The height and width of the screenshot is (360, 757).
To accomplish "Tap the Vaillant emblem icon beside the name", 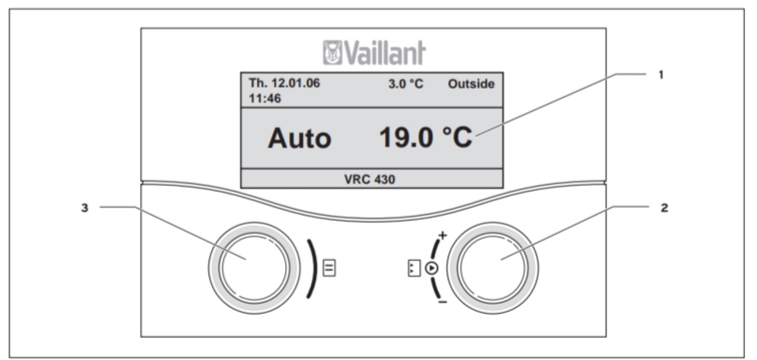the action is (332, 53).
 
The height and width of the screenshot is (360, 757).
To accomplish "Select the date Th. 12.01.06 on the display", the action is (284, 83).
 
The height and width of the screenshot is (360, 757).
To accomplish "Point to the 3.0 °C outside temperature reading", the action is (405, 84).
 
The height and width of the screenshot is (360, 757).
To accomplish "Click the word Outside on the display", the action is (471, 84).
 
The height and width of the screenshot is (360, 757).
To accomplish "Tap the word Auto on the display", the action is (300, 138).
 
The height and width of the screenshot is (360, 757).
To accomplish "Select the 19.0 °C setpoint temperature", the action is (426, 138).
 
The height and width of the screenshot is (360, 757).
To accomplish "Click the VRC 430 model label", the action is (370, 179).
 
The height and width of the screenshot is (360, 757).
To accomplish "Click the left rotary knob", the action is (254, 269).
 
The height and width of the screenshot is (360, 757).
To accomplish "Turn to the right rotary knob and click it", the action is (492, 269).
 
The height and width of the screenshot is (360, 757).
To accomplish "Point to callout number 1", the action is (661, 75).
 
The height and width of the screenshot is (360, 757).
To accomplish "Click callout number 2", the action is (664, 208).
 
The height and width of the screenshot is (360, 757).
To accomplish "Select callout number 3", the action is (84, 208).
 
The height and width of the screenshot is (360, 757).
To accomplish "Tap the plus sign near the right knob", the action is (442, 235).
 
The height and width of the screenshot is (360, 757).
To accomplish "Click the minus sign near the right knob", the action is (443, 303).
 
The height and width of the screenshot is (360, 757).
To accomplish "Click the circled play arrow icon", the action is (432, 269).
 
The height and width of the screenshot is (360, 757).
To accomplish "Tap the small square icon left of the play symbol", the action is (414, 269).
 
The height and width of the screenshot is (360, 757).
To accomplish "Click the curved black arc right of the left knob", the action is (314, 269).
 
